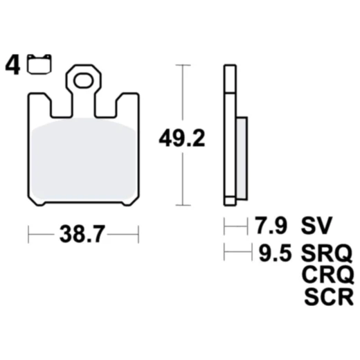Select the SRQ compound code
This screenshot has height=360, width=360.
point(327,251)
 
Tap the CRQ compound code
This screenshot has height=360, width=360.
point(327,274)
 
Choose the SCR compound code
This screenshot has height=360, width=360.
point(327,298)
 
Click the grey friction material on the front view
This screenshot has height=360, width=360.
point(83,163)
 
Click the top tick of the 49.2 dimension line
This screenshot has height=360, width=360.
point(181,65)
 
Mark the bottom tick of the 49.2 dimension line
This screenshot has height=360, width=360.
point(181,205)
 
